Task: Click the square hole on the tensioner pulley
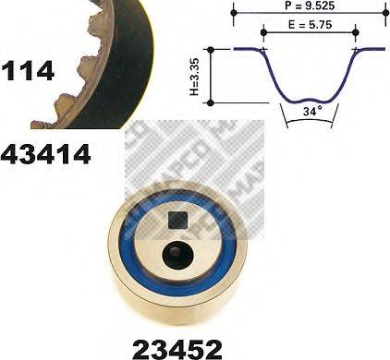(179, 221)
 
